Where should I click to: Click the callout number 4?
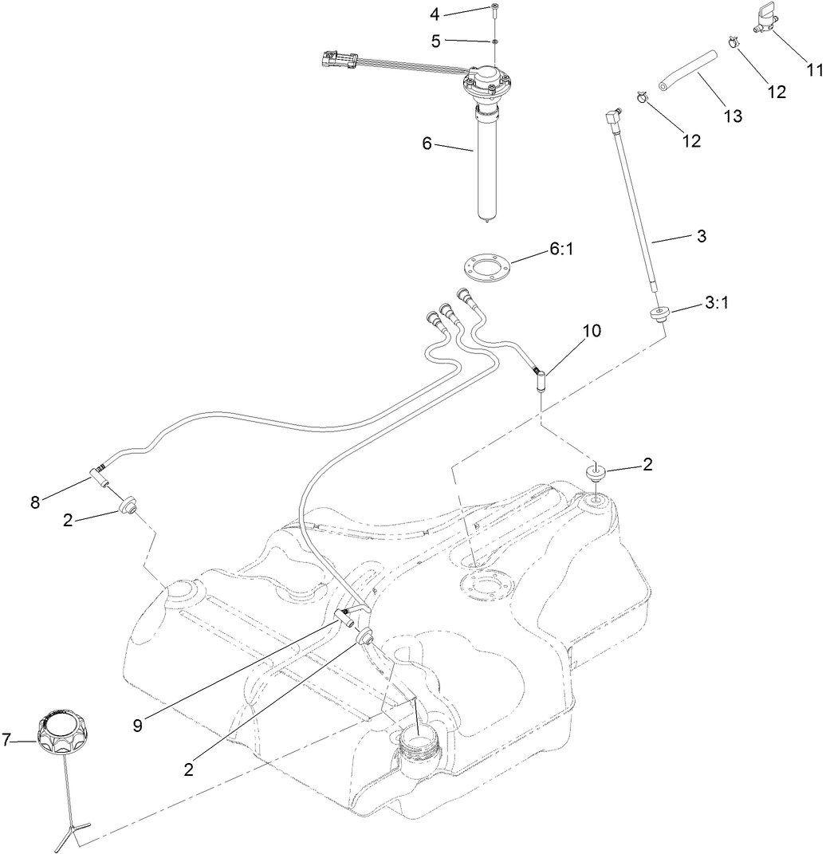[x=435, y=14]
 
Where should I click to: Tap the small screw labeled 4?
[x=495, y=10]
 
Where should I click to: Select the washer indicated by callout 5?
[x=495, y=40]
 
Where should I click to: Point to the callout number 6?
[x=427, y=144]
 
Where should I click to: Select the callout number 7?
[x=7, y=740]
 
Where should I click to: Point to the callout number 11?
[x=813, y=69]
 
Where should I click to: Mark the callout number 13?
[x=732, y=116]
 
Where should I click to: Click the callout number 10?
[x=592, y=329]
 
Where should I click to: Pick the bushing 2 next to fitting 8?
[x=127, y=506]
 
